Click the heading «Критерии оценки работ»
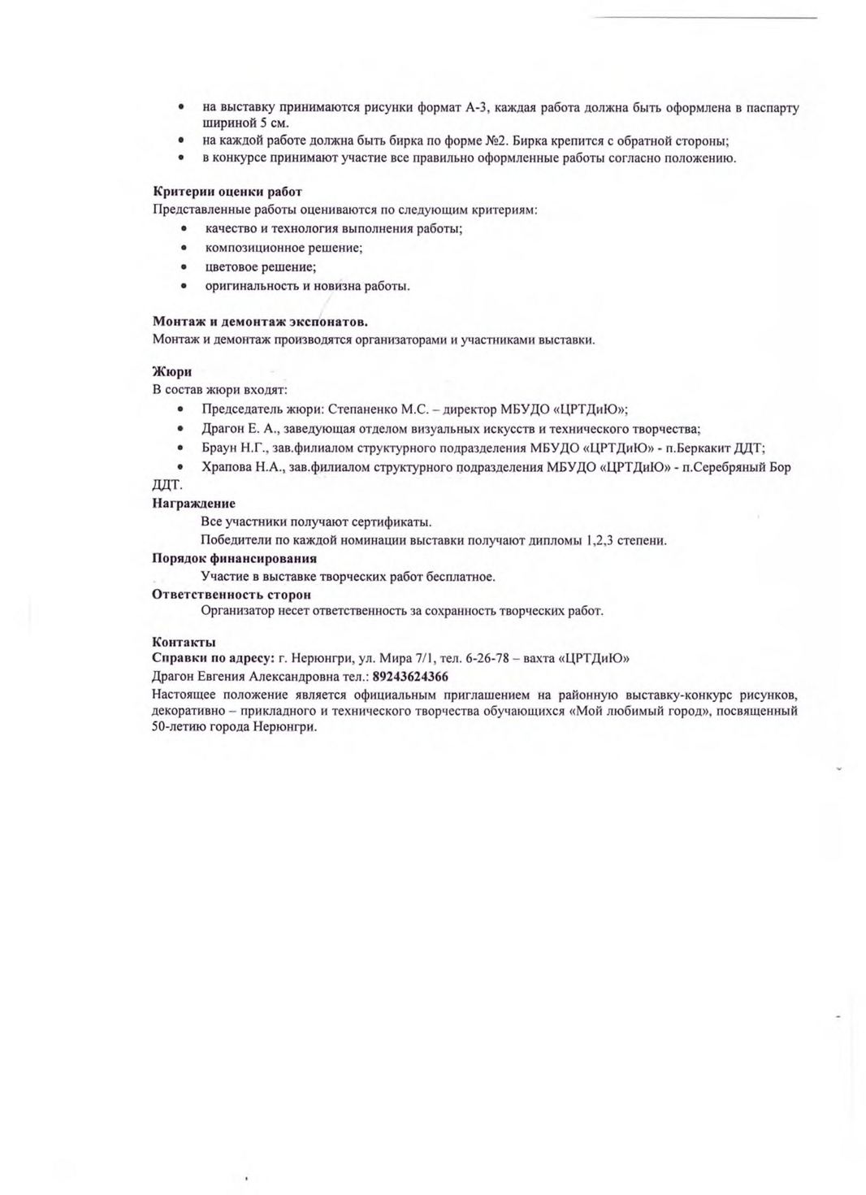click(x=227, y=192)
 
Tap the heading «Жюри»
click(x=171, y=372)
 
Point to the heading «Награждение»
click(x=193, y=504)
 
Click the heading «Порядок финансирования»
click(x=234, y=558)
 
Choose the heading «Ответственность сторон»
click(x=232, y=595)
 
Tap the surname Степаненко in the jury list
click(x=362, y=409)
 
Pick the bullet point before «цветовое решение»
click(x=184, y=266)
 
